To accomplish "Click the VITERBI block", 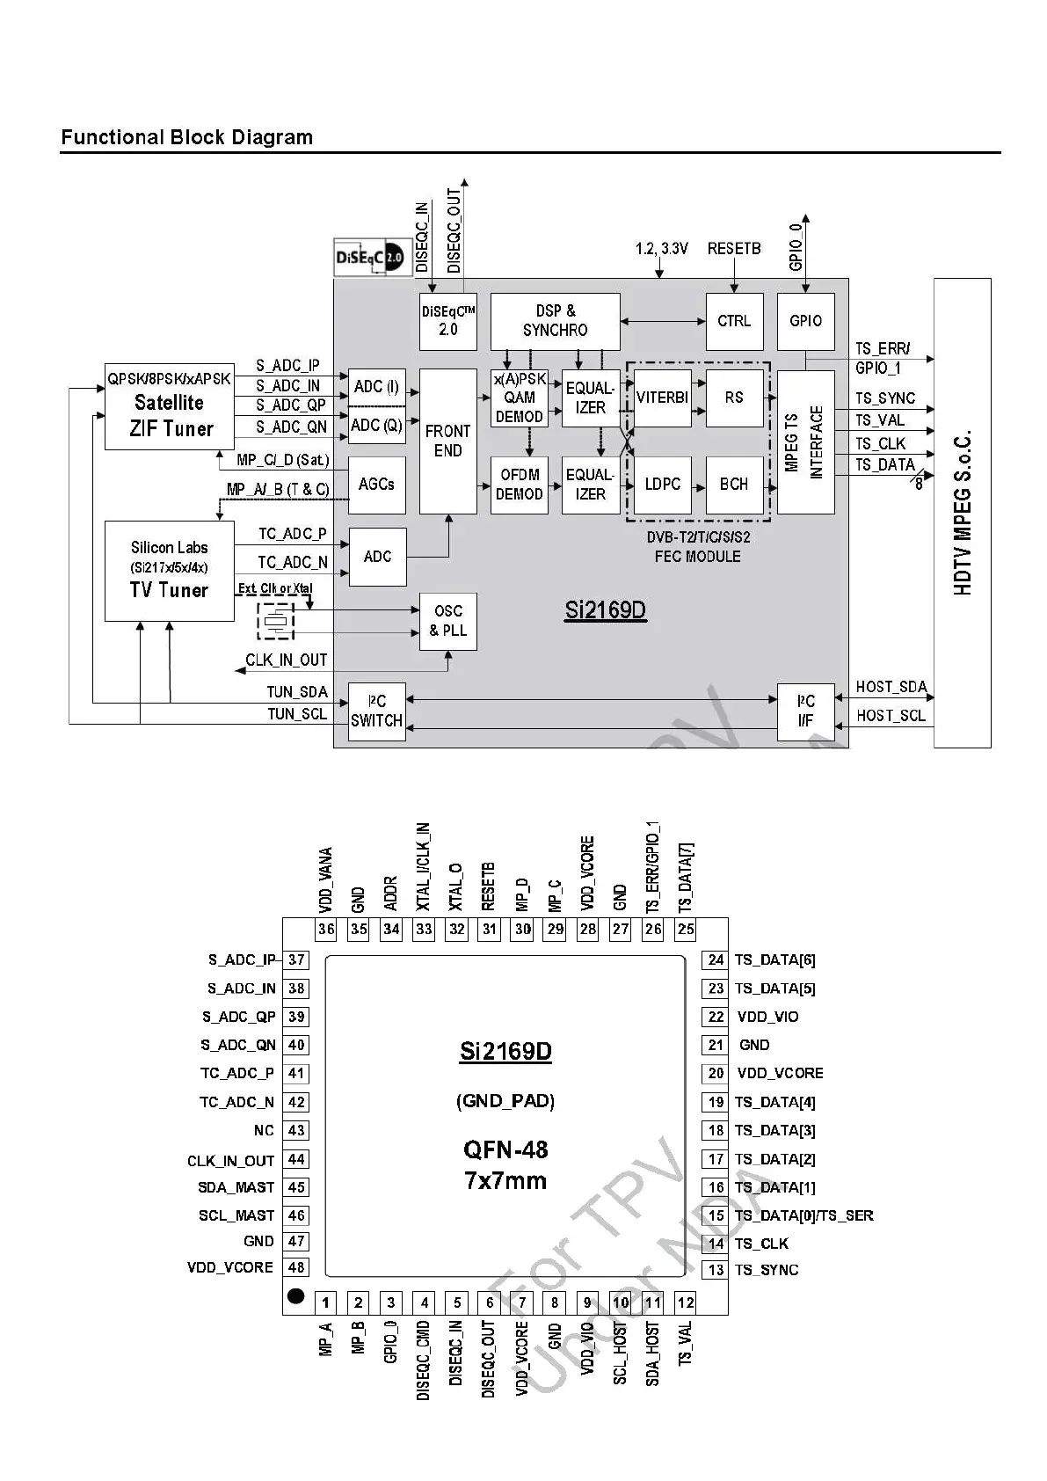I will (662, 398).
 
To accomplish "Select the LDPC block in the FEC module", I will (662, 485).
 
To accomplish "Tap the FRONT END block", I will (447, 441).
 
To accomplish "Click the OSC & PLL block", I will (447, 621).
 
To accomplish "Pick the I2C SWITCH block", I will (376, 711).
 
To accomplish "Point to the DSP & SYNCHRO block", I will (555, 321).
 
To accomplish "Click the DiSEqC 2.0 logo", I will (372, 258).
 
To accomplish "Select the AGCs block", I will (376, 485).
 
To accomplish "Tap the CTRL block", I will (734, 321).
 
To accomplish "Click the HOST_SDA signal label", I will (891, 687).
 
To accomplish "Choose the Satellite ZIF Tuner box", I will (170, 406).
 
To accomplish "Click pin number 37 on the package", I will (296, 960).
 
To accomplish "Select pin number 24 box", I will (716, 960).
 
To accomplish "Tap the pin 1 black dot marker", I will (296, 1296).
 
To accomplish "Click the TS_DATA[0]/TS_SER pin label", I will (803, 1215).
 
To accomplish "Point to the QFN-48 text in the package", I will (505, 1149).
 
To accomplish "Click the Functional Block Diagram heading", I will (186, 137).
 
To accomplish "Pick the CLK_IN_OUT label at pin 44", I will (230, 1161).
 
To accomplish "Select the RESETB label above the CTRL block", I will (734, 249).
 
